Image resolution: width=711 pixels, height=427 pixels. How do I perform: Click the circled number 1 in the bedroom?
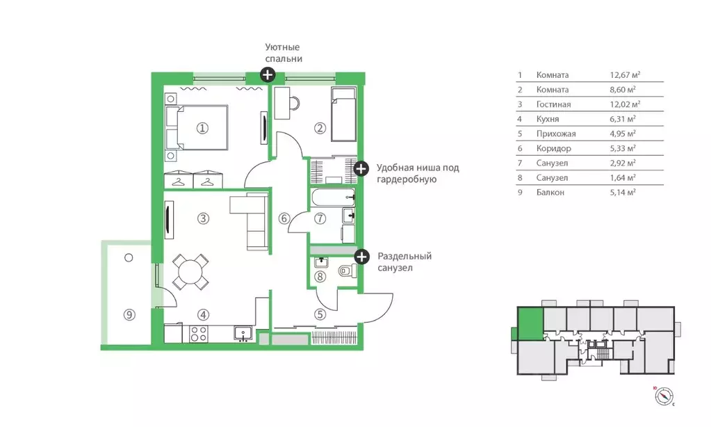pyautogui.click(x=202, y=129)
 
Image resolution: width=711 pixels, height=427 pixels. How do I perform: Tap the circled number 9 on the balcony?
pyautogui.click(x=129, y=314)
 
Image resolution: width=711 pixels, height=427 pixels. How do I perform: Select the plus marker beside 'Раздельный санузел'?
pyautogui.click(x=361, y=257)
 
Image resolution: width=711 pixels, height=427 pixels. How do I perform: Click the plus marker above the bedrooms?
pyautogui.click(x=268, y=74)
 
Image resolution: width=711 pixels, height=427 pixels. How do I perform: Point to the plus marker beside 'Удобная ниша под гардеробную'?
pyautogui.click(x=361, y=169)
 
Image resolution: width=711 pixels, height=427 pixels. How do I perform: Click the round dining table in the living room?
pyautogui.click(x=190, y=272)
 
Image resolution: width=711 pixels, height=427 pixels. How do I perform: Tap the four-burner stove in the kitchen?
pyautogui.click(x=199, y=334)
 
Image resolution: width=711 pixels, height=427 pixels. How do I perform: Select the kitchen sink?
pyautogui.click(x=243, y=334)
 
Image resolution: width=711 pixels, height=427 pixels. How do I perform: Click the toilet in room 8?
pyautogui.click(x=348, y=271)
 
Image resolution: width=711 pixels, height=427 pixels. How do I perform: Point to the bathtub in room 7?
pyautogui.click(x=334, y=198)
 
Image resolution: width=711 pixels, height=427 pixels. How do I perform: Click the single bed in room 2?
pyautogui.click(x=344, y=115)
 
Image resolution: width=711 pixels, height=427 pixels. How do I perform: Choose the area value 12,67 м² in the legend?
pyautogui.click(x=625, y=75)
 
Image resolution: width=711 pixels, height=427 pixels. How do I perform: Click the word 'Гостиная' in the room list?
pyautogui.click(x=553, y=104)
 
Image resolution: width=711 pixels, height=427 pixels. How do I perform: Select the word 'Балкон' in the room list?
pyautogui.click(x=550, y=193)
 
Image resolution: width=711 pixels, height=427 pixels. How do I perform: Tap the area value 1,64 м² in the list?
pyautogui.click(x=623, y=178)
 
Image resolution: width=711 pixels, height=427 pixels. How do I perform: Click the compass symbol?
pyautogui.click(x=664, y=396)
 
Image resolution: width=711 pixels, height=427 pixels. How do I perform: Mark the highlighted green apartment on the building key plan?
pyautogui.click(x=530, y=323)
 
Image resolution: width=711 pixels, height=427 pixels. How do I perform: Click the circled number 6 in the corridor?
pyautogui.click(x=284, y=219)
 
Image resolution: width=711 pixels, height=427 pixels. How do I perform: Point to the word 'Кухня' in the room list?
pyautogui.click(x=547, y=119)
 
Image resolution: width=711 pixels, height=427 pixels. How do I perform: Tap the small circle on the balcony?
pyautogui.click(x=129, y=258)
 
